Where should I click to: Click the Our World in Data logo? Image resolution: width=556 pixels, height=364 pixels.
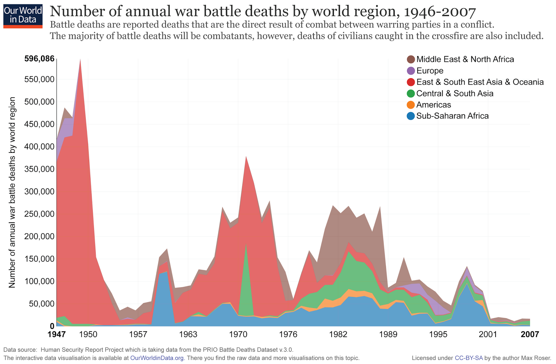click(23, 16)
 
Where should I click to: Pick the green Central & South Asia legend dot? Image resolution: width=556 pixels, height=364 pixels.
click(411, 93)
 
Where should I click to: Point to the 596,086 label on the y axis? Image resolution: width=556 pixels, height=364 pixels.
click(39, 59)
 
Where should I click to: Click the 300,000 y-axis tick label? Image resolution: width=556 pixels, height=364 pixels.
click(39, 192)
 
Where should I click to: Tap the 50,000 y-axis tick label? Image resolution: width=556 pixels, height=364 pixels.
click(41, 304)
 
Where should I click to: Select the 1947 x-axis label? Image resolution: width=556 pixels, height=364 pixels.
click(57, 334)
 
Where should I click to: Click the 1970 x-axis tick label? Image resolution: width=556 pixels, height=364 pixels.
click(238, 334)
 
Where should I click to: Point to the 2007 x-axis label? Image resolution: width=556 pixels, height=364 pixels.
click(530, 334)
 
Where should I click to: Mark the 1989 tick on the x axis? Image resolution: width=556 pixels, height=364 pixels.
click(388, 334)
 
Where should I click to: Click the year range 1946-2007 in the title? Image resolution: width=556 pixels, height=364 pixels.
click(440, 12)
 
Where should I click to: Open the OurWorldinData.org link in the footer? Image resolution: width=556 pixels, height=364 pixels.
click(157, 358)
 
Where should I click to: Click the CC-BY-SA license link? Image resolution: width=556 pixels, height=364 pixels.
click(469, 358)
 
